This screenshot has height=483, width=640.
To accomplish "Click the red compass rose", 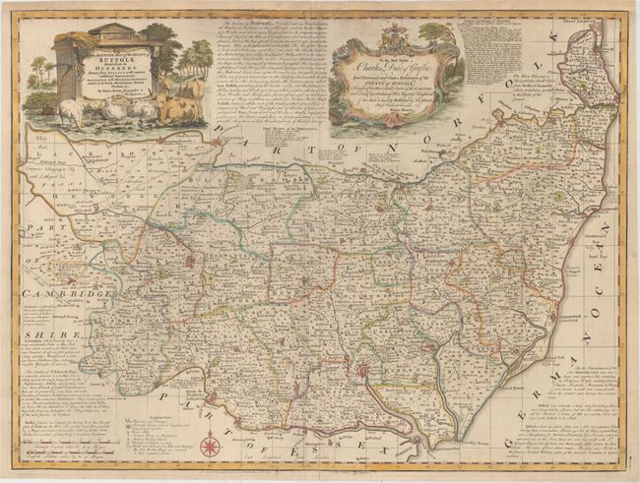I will pos(209,446).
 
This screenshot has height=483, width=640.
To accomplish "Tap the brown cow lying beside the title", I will pos(174,106).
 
